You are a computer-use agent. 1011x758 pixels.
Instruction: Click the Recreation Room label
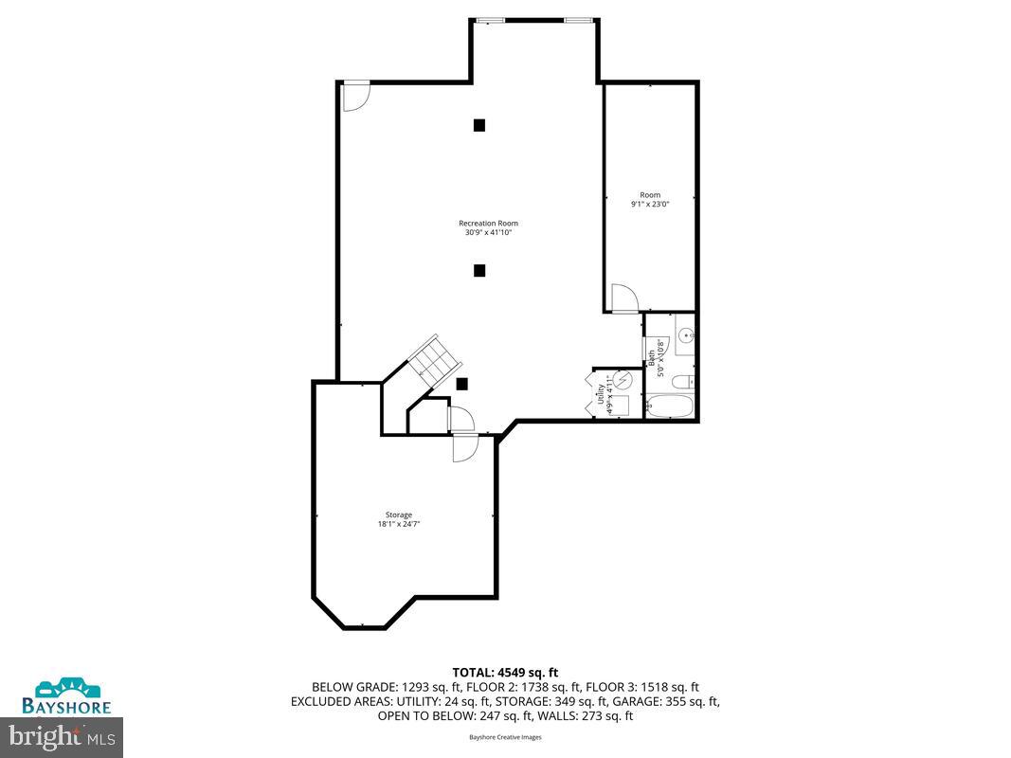(488, 224)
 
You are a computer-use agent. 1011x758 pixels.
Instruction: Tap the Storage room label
(399, 514)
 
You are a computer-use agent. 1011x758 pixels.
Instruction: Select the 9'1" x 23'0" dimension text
(650, 204)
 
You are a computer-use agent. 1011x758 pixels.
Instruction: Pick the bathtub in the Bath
(670, 408)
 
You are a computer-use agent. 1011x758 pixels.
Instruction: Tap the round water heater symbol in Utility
(623, 379)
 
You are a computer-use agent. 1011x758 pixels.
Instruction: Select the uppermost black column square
(479, 124)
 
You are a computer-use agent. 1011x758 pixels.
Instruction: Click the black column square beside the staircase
(462, 384)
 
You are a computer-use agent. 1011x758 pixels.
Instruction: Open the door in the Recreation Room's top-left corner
(355, 95)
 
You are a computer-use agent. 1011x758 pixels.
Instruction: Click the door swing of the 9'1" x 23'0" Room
(623, 298)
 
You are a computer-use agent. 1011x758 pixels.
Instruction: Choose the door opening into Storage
(465, 446)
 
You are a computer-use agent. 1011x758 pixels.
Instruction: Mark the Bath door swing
(654, 350)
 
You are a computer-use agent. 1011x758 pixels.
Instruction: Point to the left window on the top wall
(490, 19)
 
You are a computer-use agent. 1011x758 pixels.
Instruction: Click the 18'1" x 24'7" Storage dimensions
(399, 523)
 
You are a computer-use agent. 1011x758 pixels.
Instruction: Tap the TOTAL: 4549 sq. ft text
(505, 671)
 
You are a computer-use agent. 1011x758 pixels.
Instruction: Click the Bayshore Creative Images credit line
(505, 737)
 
